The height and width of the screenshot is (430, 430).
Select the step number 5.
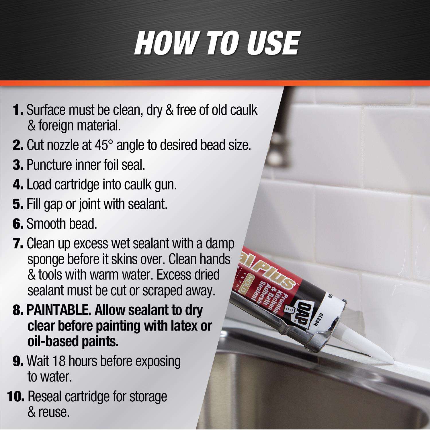pyautogui.click(x=18, y=204)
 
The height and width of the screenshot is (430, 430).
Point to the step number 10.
pyautogui.click(x=15, y=397)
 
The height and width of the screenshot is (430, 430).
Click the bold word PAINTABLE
pyautogui.click(x=58, y=310)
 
